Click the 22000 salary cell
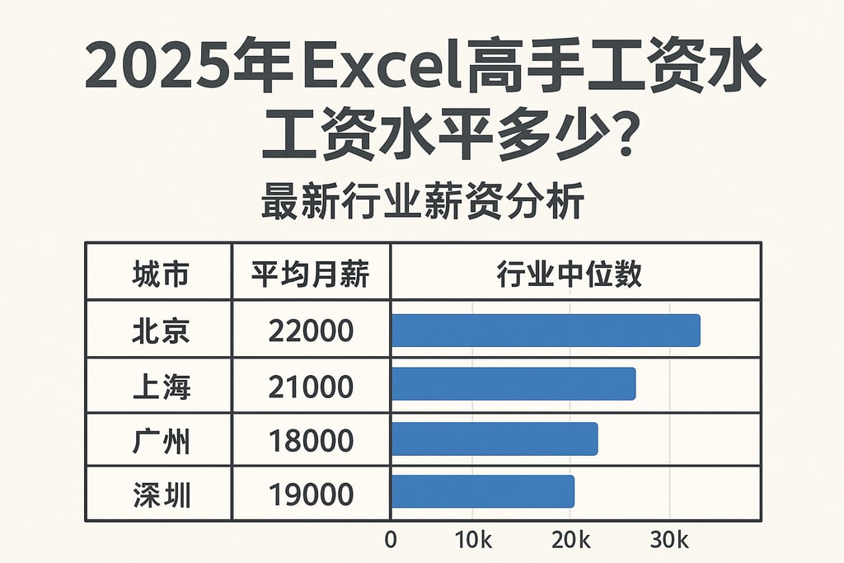[x=311, y=331]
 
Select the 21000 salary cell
[x=311, y=386]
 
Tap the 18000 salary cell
[x=311, y=441]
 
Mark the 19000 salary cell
[x=311, y=495]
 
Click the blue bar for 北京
[x=546, y=331]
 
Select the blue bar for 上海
[x=513, y=384]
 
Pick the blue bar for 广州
[x=495, y=439]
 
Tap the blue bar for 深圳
[x=483, y=492]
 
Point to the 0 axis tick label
[x=391, y=541]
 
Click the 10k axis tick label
[x=474, y=541]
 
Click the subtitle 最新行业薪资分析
[x=422, y=202]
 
